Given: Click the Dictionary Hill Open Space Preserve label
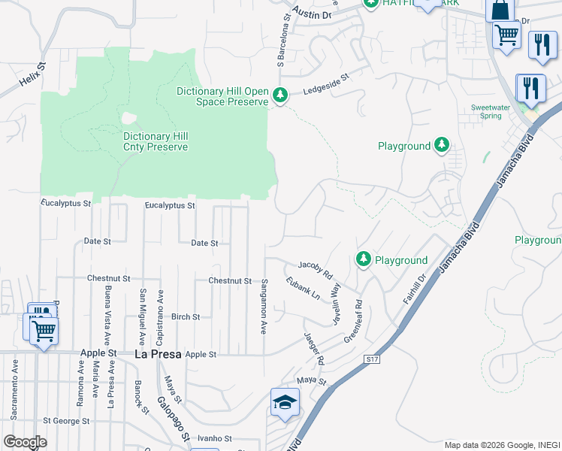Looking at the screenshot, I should pos(222,96).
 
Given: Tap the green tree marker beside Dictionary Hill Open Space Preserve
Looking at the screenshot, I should pos(280,95).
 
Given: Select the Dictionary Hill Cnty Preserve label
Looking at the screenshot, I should pos(156,141).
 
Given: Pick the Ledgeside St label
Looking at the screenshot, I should pos(327,83).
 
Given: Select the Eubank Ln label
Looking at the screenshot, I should pos(303,289).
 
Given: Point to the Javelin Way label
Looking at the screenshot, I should pos(337,304).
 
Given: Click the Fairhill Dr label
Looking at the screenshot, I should pos(414,289).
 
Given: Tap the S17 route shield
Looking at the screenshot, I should pos(370,360).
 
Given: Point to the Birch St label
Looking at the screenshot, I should pos(186,317).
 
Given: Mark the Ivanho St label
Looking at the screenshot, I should pos(216,437).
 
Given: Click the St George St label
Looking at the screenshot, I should pos(66,421).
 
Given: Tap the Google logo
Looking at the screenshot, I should pos(25,441).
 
